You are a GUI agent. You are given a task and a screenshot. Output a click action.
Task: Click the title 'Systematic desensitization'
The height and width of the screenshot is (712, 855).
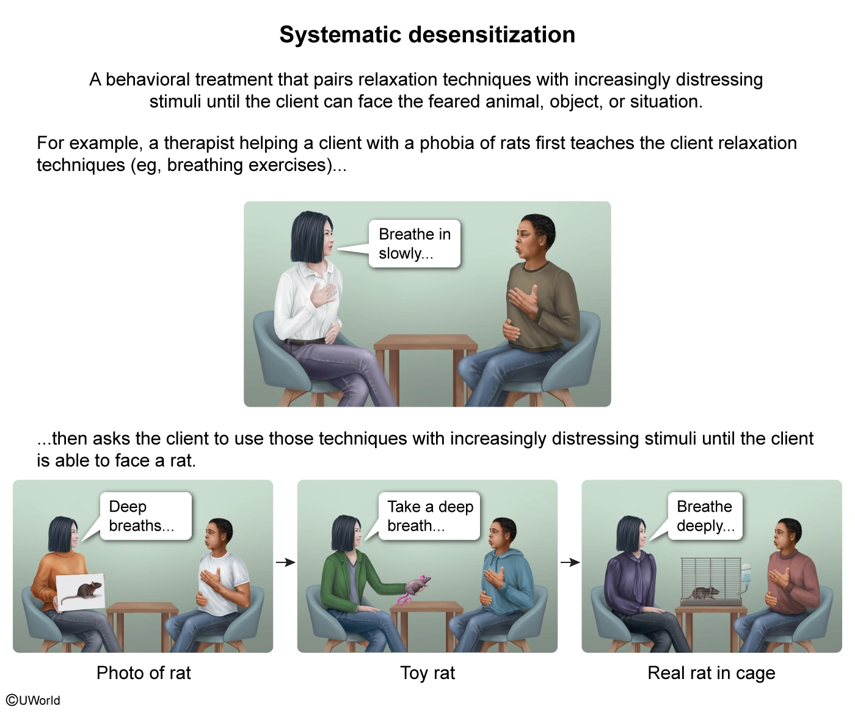pyautogui.click(x=427, y=35)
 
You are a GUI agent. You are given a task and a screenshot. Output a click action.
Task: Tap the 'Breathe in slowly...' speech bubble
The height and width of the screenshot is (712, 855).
pyautogui.click(x=414, y=244)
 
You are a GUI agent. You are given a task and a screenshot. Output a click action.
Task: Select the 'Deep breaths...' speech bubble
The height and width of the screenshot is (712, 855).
pyautogui.click(x=145, y=516)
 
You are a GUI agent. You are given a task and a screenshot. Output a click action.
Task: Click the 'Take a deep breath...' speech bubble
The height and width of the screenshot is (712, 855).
pyautogui.click(x=429, y=516)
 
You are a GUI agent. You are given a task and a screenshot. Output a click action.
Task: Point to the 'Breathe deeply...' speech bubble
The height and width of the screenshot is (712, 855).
pyautogui.click(x=705, y=516)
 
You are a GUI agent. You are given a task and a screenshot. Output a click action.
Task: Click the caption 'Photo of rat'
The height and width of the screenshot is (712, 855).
pyautogui.click(x=144, y=673)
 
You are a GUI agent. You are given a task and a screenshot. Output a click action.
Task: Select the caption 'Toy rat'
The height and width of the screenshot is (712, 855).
pyautogui.click(x=428, y=673)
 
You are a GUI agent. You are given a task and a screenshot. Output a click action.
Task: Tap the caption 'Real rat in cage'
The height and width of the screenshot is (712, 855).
pyautogui.click(x=711, y=673)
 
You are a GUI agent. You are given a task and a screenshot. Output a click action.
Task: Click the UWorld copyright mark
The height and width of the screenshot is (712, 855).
pyautogui.click(x=34, y=700)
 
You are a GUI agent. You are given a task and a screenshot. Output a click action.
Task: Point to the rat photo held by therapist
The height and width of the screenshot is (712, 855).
pyautogui.click(x=81, y=592)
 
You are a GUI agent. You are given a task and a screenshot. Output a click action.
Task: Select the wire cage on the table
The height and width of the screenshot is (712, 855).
pyautogui.click(x=710, y=579)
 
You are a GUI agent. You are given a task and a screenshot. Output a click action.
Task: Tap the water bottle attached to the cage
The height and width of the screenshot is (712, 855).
pyautogui.click(x=746, y=576)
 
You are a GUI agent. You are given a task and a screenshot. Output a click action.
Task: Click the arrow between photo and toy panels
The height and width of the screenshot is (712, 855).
pyautogui.click(x=285, y=562)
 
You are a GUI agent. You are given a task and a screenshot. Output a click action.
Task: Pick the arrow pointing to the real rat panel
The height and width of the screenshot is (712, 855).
pyautogui.click(x=570, y=562)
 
